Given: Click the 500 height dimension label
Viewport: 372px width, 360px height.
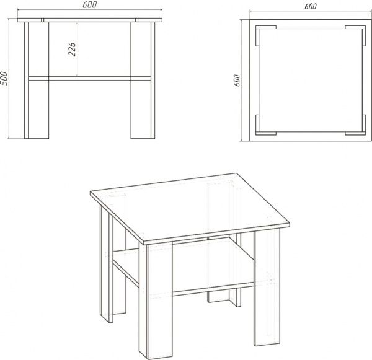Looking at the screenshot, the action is pyautogui.click(x=4, y=78).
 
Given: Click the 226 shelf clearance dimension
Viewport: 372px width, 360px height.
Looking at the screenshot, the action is pyautogui.click(x=72, y=50).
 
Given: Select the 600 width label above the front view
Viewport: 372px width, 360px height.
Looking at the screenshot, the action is pyautogui.click(x=90, y=5).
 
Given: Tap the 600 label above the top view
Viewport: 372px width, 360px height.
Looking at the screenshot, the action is pyautogui.click(x=311, y=6).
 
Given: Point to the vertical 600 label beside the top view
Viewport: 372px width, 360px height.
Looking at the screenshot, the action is pyautogui.click(x=237, y=81).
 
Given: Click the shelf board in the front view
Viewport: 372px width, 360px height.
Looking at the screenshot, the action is pyautogui.click(x=90, y=79).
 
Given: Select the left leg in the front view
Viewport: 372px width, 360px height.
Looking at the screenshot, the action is pyautogui.click(x=37, y=80).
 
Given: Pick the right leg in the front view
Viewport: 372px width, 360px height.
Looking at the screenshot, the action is pyautogui.click(x=143, y=80).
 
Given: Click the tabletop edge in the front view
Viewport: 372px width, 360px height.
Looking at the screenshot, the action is pyautogui.click(x=90, y=20).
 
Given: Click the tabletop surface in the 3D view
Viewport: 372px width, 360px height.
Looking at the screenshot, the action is pyautogui.click(x=190, y=207).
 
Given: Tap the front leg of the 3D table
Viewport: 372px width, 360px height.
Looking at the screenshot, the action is pyautogui.click(x=156, y=301).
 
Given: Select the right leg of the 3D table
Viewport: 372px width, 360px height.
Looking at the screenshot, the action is pyautogui.click(x=267, y=288).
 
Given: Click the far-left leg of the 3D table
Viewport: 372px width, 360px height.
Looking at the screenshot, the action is pyautogui.click(x=107, y=263).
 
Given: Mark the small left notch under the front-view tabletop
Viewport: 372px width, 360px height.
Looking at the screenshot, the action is pyautogui.click(x=42, y=20).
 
